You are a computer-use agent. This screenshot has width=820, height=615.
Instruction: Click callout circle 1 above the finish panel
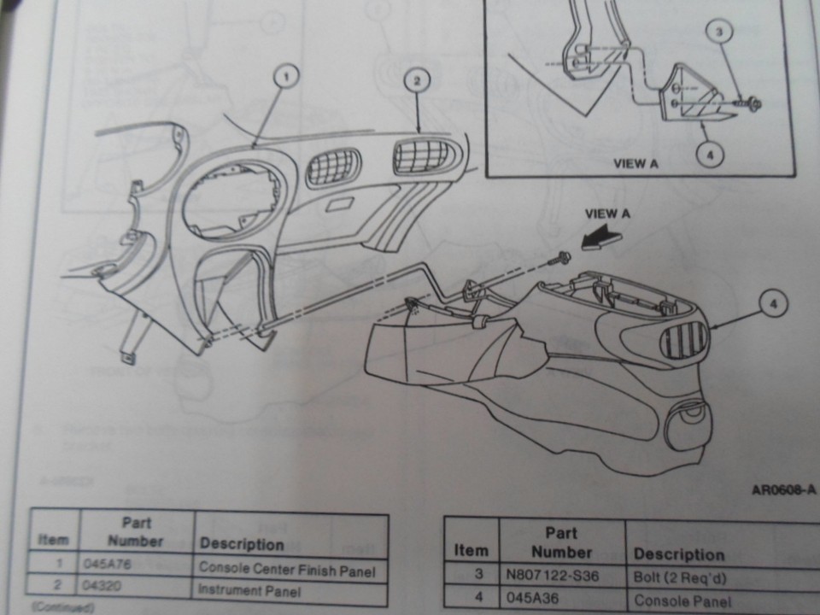click(287, 77)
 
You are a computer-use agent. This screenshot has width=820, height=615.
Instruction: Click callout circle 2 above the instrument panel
click(416, 81)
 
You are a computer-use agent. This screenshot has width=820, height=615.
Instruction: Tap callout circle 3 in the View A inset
click(720, 33)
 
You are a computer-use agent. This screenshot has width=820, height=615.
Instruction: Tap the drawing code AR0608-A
click(782, 490)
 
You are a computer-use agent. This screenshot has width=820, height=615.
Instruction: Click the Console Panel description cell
click(674, 600)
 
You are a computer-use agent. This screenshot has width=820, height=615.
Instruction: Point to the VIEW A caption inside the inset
click(635, 164)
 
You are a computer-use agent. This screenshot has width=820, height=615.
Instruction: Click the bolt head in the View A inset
click(753, 104)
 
